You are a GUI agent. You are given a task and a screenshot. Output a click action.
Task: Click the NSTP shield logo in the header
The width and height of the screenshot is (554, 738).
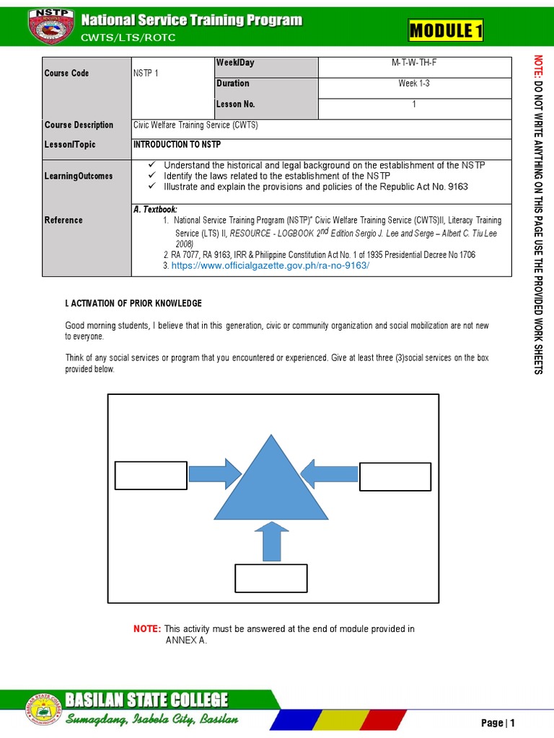click(x=50, y=26)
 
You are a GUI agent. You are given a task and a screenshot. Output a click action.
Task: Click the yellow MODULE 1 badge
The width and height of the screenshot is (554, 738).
click(x=446, y=31)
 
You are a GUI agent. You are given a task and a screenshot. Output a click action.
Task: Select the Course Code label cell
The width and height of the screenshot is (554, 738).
click(x=67, y=74)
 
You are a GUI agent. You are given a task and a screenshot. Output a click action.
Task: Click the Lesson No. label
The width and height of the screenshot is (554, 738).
click(x=235, y=105)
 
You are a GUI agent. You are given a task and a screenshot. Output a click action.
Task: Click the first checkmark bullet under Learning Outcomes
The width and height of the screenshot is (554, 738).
click(x=151, y=166)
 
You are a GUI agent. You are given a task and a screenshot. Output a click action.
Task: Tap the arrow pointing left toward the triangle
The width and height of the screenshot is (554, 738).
click(x=328, y=474)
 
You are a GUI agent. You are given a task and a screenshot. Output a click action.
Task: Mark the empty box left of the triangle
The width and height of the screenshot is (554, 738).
click(x=151, y=476)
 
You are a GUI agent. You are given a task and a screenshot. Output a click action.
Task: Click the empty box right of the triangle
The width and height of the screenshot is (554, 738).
click(x=395, y=476)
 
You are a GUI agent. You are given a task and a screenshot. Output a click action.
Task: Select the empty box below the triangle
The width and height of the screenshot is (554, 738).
click(x=271, y=578)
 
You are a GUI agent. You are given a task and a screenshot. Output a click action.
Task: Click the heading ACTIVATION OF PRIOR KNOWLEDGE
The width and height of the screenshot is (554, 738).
click(x=133, y=303)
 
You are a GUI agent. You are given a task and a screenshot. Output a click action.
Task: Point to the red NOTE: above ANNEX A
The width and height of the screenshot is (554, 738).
click(x=148, y=629)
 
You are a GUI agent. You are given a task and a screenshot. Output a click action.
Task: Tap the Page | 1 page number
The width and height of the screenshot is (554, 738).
click(x=498, y=723)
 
